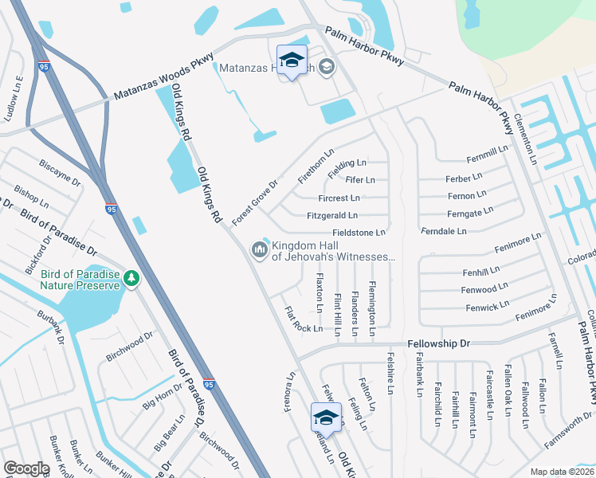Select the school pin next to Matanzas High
[292, 61]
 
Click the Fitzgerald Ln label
[332, 215]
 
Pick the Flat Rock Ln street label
[304, 318]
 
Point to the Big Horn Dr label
[163, 395]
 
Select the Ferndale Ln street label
[444, 231]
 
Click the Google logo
[27, 468]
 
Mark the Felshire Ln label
[390, 373]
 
